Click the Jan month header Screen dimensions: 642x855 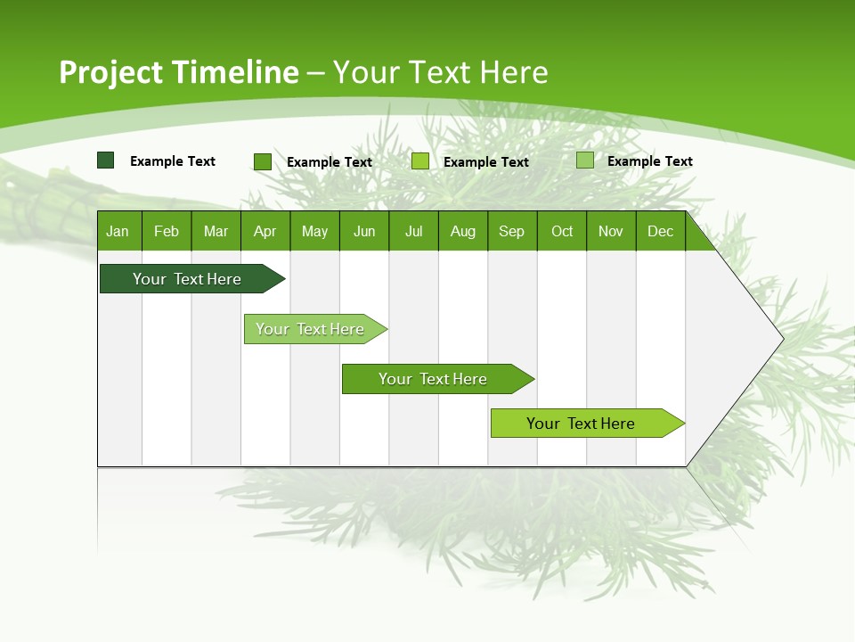tap(118, 231)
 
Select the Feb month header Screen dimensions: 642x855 tap(167, 231)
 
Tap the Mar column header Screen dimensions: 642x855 tap(216, 231)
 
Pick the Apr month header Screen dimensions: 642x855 tap(265, 231)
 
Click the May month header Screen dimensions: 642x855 tap(314, 231)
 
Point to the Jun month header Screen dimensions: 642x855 tap(364, 231)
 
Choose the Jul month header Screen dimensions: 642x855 tap(413, 231)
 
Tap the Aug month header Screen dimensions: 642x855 tap(462, 231)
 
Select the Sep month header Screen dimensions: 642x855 tap(511, 231)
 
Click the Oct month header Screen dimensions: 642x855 tap(562, 231)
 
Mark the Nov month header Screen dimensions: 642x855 tap(611, 231)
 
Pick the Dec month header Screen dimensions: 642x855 tap(660, 231)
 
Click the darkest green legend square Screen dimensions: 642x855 tap(105, 160)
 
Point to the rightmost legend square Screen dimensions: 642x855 tap(584, 160)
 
